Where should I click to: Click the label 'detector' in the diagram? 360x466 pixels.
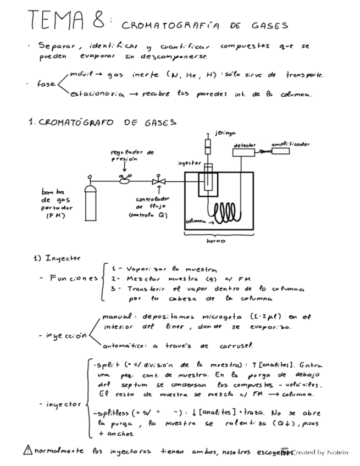tap(244, 145)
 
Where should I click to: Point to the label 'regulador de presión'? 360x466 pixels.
tap(132, 154)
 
